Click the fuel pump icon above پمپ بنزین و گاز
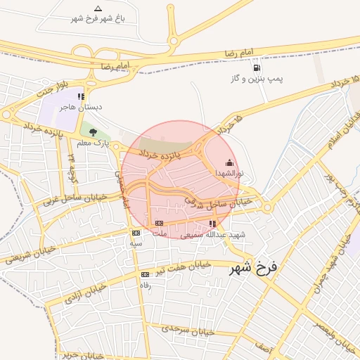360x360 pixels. [255, 68]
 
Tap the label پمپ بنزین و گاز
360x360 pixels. [257, 79]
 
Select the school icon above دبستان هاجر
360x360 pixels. [82, 96]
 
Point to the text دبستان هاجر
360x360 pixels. [80, 108]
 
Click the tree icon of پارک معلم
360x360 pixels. [93, 131]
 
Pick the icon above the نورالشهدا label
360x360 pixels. [229, 162]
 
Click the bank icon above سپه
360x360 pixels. [136, 233]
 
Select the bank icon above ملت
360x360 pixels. [159, 223]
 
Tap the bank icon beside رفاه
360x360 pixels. [146, 274]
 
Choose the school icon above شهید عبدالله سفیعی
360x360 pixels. [213, 224]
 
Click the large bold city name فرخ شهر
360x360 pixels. [254, 268]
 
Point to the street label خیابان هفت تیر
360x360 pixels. [184, 266]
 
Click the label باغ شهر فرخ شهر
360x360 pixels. [98, 18]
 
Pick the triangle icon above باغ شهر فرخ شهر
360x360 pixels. [98, 8]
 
